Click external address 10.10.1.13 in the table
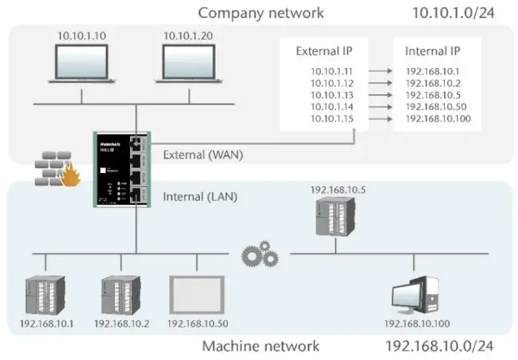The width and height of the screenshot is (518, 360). tap(333, 94)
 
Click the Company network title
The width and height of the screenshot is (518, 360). tap(260, 12)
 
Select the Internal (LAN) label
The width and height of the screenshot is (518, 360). tap(196, 196)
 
